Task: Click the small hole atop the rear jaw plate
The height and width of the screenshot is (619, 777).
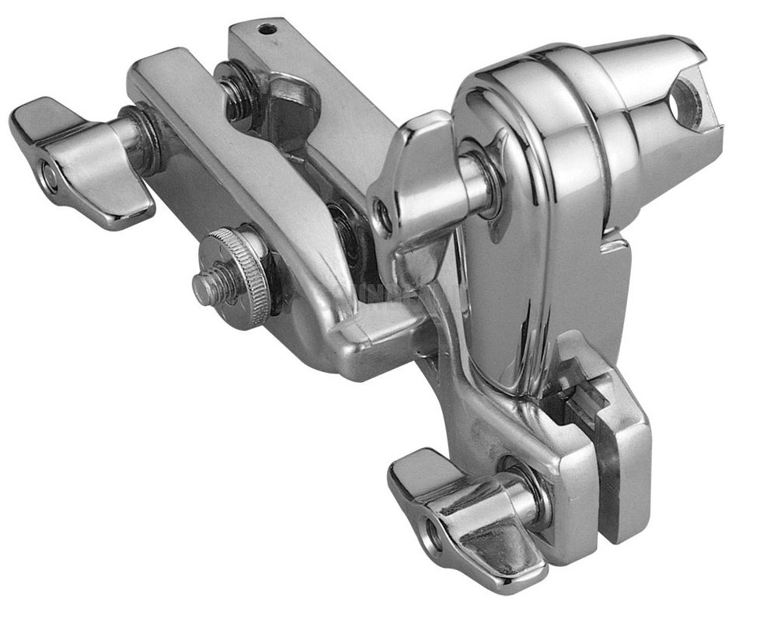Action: click(267, 30)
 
